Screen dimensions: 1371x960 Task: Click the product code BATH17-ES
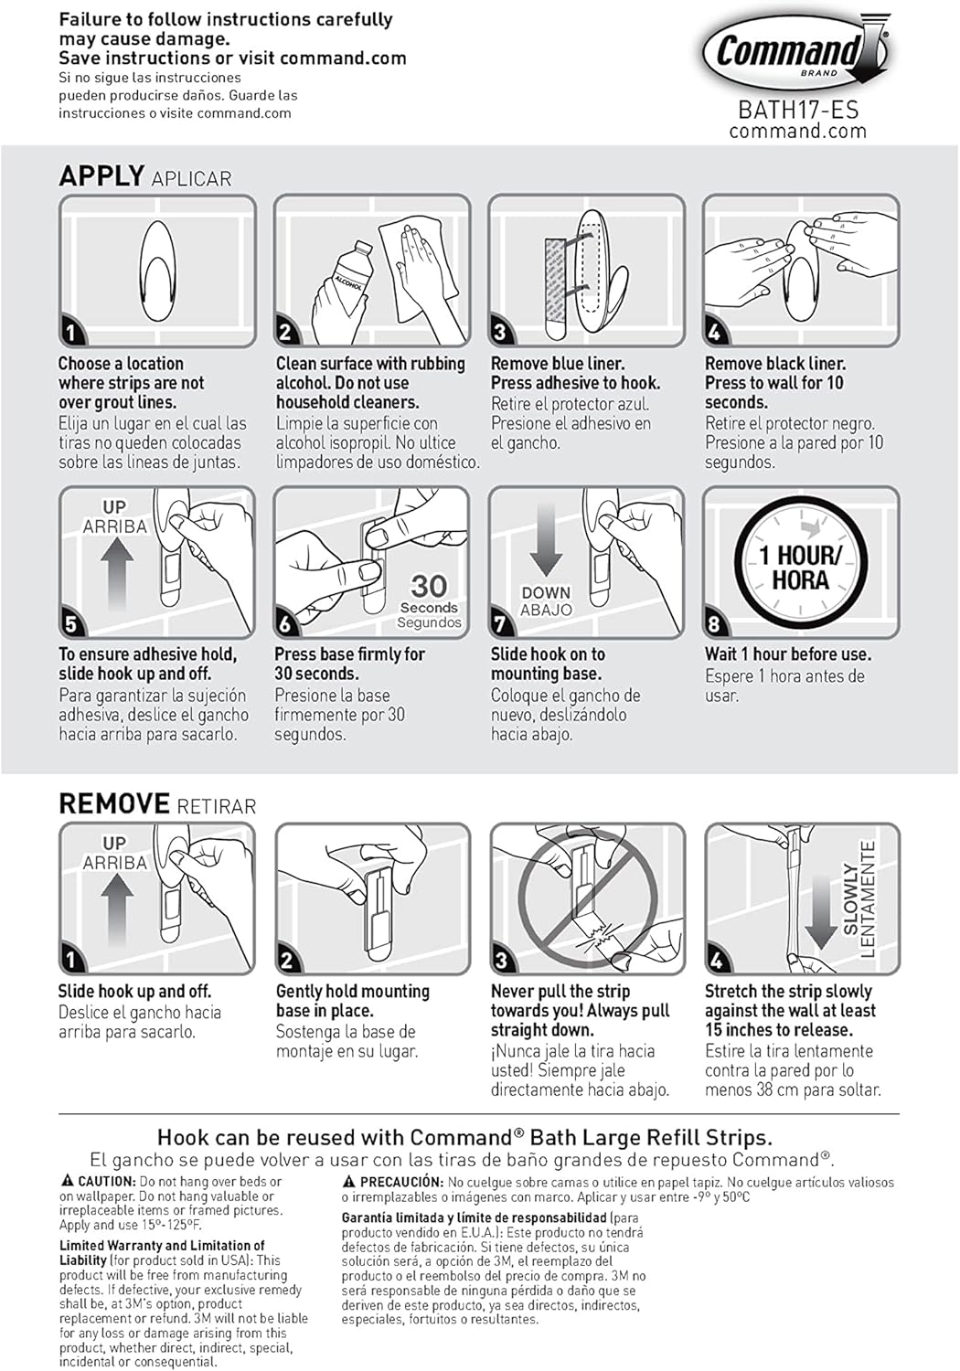[x=798, y=110]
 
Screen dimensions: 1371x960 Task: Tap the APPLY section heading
[x=101, y=175]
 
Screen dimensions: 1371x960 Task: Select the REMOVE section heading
[x=113, y=804]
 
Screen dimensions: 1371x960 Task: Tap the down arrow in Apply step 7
[x=546, y=539]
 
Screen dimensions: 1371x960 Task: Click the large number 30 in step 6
[x=428, y=585]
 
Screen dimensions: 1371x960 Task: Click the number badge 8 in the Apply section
[x=715, y=623]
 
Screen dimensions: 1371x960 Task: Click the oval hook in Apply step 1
[x=156, y=271]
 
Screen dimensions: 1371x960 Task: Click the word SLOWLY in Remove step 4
[x=850, y=900]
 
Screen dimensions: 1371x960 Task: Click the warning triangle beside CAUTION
[x=68, y=1181]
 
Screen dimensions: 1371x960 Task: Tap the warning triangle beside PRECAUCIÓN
[x=349, y=1182]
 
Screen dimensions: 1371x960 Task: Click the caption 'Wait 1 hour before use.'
[x=787, y=654]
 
